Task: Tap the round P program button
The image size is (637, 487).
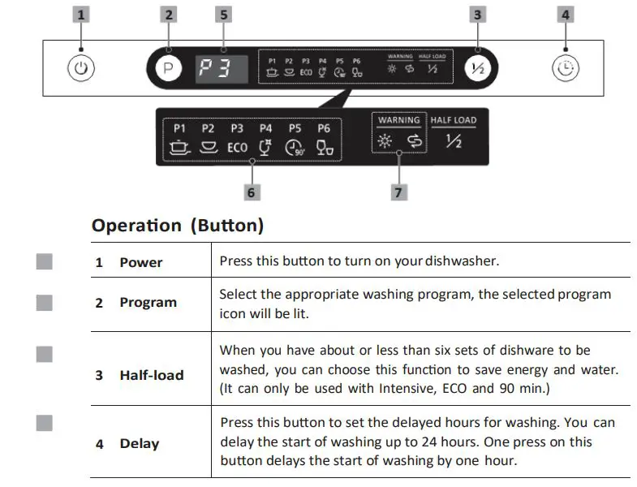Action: (168, 68)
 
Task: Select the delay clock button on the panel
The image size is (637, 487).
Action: (566, 68)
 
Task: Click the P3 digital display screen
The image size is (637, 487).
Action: (223, 68)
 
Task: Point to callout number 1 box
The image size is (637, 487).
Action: (80, 14)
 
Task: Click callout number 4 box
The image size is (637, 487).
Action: (566, 14)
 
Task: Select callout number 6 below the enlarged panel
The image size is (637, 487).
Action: (252, 192)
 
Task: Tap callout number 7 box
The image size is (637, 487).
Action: (398, 192)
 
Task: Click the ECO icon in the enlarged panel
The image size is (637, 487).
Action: (237, 148)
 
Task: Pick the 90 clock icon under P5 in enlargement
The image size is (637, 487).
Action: (295, 149)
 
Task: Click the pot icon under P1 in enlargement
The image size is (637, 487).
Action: (179, 148)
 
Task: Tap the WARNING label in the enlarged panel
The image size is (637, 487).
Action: (398, 120)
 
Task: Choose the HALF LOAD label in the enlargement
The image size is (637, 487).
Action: (454, 120)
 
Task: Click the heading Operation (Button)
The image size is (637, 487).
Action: (178, 226)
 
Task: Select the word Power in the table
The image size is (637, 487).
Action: (141, 262)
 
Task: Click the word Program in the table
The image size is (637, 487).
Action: (148, 302)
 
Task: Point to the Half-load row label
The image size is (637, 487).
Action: (152, 375)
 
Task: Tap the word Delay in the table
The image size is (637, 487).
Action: (140, 444)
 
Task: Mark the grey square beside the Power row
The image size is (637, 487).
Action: (45, 261)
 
